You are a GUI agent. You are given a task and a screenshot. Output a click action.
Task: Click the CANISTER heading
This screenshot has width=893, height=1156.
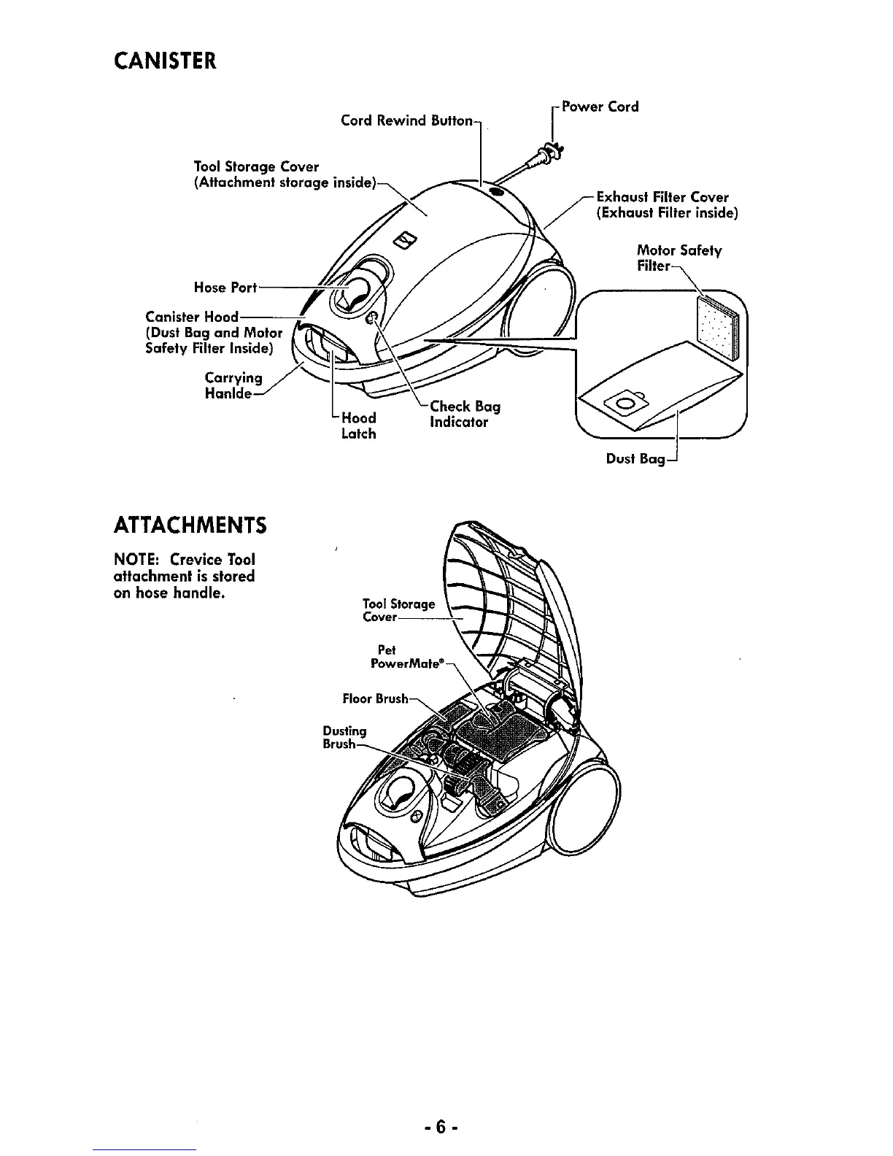coord(164,60)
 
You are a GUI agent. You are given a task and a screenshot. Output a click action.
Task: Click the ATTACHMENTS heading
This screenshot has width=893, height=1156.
coord(189,525)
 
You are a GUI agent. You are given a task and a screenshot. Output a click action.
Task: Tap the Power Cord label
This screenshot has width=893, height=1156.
coord(599,107)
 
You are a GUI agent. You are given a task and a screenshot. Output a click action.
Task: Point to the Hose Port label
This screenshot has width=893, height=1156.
coord(225,288)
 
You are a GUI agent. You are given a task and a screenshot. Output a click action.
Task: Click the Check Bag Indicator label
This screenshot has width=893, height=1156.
coord(464,414)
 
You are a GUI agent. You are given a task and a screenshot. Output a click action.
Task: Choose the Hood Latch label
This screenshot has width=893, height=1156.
coord(358,425)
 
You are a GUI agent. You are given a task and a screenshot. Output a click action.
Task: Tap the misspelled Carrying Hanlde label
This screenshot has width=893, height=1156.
coord(233,385)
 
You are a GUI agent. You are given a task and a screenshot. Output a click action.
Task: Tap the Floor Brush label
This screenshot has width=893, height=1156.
coord(375,698)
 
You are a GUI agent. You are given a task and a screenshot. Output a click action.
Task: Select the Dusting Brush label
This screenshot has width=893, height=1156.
coord(344,737)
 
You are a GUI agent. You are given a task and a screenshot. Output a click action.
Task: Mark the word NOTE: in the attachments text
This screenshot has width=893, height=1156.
coord(138,560)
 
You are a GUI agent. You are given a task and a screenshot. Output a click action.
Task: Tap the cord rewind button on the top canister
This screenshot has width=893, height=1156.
coord(496,191)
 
